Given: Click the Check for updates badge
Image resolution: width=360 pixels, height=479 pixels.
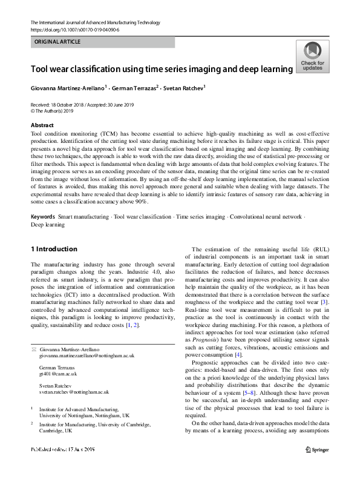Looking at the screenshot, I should pos(312,58).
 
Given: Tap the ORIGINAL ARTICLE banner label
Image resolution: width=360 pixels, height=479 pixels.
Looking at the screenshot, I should pos(58,42).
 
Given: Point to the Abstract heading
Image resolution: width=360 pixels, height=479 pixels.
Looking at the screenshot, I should pos(42,125).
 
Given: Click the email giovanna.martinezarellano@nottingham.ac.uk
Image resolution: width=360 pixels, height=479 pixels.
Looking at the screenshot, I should pos(87,355).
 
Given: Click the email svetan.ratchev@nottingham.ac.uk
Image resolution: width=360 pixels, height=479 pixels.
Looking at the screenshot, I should pos(78,392).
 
